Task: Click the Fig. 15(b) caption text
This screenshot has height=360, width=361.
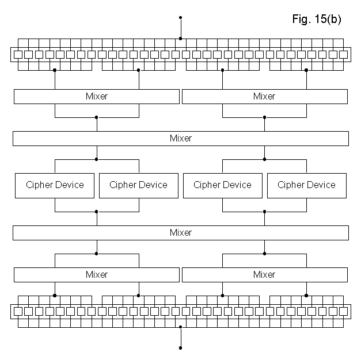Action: (316, 20)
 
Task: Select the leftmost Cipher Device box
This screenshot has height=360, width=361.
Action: (55, 185)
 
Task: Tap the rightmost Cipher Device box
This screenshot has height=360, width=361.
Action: (306, 185)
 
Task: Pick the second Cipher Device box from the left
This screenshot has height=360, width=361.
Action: (138, 185)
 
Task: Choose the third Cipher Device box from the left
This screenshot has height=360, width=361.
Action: (222, 185)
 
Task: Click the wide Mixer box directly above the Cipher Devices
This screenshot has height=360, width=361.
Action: (180, 139)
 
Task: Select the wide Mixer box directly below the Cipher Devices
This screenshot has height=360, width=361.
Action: (180, 233)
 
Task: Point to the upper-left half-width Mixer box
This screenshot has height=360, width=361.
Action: (96, 97)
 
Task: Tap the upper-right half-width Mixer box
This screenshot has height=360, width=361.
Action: (264, 97)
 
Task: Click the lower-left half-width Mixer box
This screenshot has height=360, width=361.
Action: (96, 275)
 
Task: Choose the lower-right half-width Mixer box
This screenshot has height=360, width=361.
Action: (264, 275)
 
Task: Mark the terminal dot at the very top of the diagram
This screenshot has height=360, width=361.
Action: (181, 18)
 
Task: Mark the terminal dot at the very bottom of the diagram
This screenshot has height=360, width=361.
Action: (181, 348)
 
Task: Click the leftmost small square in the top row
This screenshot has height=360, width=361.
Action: (18, 55)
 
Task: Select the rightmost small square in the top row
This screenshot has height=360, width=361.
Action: (343, 55)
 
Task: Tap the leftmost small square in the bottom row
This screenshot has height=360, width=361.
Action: (18, 312)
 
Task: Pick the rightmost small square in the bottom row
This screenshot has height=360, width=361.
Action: (343, 312)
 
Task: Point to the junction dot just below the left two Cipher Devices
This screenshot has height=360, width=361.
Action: (97, 212)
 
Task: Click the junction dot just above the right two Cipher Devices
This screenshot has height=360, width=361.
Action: (265, 159)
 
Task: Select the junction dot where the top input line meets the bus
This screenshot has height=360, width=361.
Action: (181, 39)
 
